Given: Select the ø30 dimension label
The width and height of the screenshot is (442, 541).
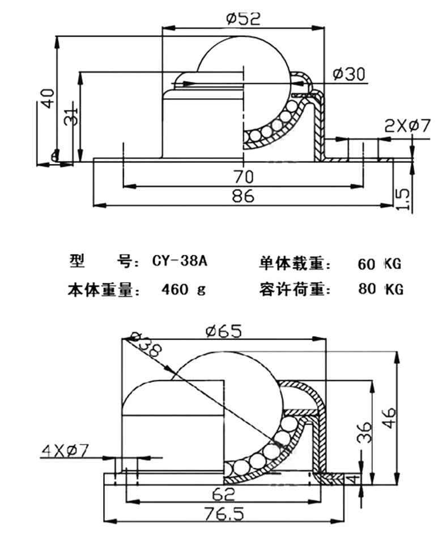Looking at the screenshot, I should point(348,74).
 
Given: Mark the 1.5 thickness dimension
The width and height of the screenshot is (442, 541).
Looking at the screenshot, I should point(403,200).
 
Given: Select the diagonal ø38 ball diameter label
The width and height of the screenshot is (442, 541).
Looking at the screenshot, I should point(147,348).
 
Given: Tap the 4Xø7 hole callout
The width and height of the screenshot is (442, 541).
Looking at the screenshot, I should point(66,451).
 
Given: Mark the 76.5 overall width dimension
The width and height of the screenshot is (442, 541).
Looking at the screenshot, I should point(225,514).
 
